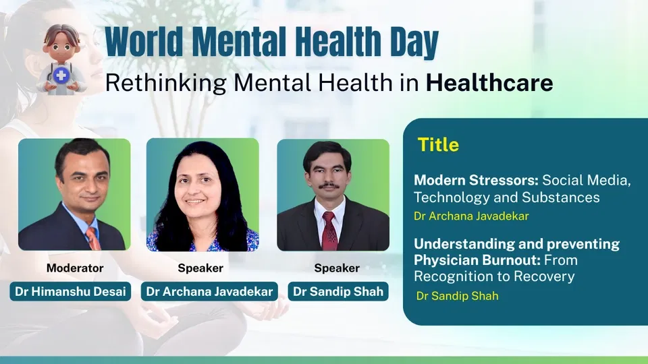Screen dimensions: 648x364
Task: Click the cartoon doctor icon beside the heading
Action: (x=61, y=59)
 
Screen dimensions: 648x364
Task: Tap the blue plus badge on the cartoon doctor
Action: (x=61, y=75)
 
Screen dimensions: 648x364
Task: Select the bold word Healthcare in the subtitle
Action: (x=489, y=82)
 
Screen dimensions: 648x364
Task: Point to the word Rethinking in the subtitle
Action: (x=166, y=83)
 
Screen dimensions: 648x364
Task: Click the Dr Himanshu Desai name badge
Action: (x=70, y=291)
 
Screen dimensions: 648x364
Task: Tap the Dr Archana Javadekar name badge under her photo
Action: (x=209, y=291)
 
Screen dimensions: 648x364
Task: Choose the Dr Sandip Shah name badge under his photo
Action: (x=338, y=291)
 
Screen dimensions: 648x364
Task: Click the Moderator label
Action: (x=75, y=268)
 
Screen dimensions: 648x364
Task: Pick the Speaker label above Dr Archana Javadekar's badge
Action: (x=200, y=268)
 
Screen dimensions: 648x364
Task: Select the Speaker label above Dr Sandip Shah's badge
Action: (x=337, y=268)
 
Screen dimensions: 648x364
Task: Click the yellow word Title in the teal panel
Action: (x=438, y=145)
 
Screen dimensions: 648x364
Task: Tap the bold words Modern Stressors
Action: (x=476, y=180)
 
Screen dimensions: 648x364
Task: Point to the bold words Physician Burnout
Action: (x=477, y=260)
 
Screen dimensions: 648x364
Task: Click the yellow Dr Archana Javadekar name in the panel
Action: (x=472, y=216)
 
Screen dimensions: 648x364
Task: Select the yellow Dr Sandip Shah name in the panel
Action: (x=458, y=296)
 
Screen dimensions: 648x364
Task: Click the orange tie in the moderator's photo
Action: (x=93, y=239)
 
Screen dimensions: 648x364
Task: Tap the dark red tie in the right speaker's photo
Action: (x=330, y=231)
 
